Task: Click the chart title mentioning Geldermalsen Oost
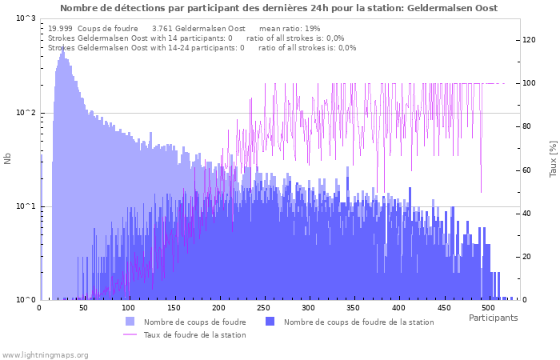278,8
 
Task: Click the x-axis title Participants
493,318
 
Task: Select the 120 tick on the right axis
530,40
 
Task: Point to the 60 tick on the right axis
527,170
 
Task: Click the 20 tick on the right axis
527,257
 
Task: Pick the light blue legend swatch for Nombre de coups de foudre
130,322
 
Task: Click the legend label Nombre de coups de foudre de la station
358,322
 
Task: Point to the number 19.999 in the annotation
61,28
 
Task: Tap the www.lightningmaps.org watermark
45,354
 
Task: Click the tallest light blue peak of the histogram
62,46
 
